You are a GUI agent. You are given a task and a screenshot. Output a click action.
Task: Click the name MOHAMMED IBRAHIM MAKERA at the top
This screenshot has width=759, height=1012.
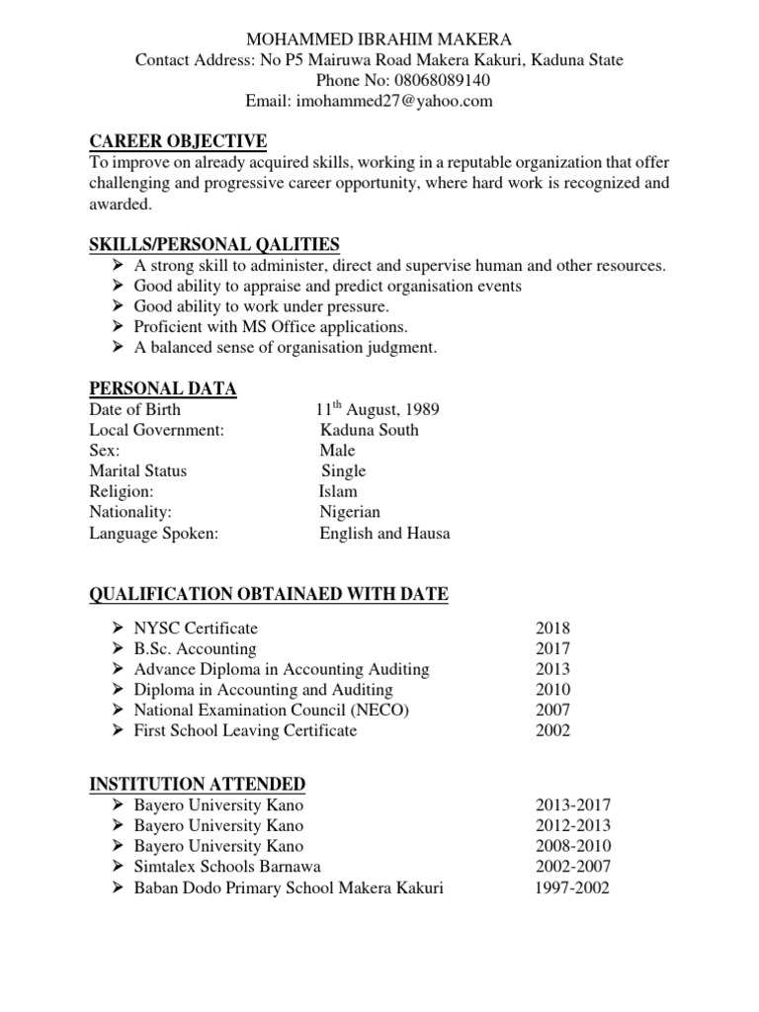[x=379, y=39]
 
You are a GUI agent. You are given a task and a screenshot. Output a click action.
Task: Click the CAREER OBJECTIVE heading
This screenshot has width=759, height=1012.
[x=178, y=141]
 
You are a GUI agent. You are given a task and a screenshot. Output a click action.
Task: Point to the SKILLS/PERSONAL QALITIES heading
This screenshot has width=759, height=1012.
[x=214, y=244]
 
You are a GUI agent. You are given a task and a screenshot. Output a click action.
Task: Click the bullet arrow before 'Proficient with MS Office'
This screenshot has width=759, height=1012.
[x=118, y=326]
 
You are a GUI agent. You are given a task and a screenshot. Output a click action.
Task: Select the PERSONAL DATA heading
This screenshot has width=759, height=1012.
[x=163, y=388]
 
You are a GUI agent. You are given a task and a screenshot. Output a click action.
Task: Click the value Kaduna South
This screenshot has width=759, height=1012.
[x=369, y=430]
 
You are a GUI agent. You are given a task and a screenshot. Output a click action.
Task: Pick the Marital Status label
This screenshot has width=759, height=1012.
[x=137, y=471]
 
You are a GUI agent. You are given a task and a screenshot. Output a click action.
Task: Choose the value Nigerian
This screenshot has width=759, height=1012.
[x=350, y=512]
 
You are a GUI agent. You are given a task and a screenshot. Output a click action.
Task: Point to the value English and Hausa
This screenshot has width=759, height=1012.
[x=384, y=533]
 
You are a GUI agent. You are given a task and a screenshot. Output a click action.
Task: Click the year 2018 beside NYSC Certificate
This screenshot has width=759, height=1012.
[x=553, y=628]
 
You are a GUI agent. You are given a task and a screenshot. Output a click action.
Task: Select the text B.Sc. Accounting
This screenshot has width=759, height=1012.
[x=195, y=648]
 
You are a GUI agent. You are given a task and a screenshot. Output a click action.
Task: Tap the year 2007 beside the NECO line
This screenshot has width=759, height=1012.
[x=553, y=710]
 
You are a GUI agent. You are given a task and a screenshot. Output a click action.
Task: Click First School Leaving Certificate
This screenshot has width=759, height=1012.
[x=245, y=730]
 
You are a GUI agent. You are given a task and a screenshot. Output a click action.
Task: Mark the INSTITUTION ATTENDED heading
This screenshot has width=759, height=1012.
[x=198, y=784]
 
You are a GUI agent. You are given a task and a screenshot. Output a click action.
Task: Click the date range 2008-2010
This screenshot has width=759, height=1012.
[x=573, y=846]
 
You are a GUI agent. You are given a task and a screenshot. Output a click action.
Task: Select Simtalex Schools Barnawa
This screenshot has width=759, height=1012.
[x=227, y=867]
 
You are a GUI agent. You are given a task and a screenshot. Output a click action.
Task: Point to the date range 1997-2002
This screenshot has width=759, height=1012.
[x=573, y=887]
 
